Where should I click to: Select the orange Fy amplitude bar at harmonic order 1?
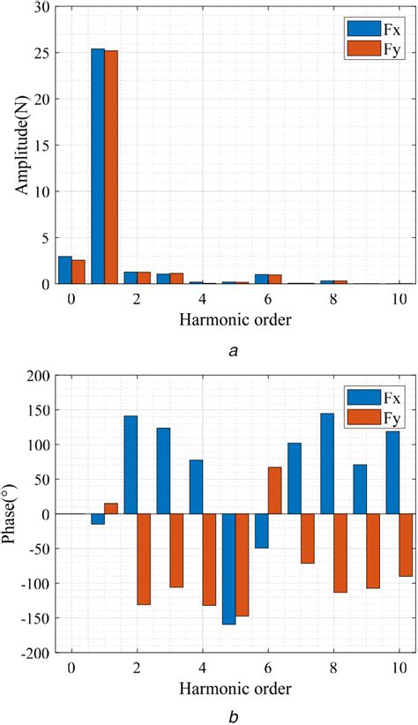[111, 167]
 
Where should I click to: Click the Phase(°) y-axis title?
[15, 512]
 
